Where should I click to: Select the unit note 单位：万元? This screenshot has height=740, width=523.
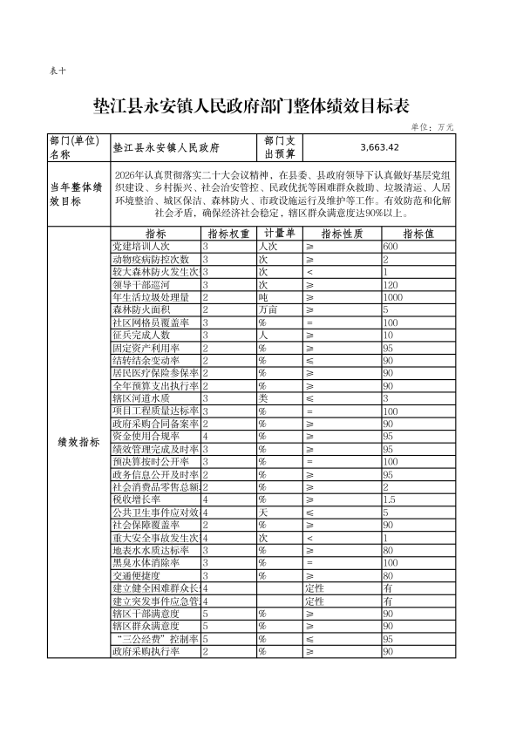click(x=432, y=127)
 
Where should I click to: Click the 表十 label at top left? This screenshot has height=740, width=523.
click(x=58, y=72)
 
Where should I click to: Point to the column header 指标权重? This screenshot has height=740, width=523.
click(x=228, y=234)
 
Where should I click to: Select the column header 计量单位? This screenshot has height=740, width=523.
click(x=280, y=234)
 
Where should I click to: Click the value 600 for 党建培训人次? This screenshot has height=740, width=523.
click(x=391, y=248)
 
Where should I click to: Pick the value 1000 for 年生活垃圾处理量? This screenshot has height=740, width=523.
click(x=394, y=297)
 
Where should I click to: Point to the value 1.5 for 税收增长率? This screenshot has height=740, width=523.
click(x=389, y=499)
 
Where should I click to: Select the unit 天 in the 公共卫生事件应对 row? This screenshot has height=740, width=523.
click(x=261, y=513)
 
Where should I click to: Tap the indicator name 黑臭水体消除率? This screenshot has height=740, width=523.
click(x=146, y=563)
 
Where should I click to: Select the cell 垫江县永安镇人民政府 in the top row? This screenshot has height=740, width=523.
click(x=166, y=147)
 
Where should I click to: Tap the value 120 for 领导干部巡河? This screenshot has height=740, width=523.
click(x=390, y=285)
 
